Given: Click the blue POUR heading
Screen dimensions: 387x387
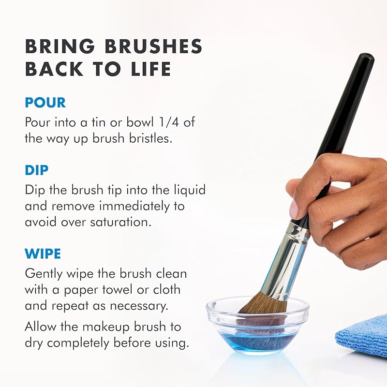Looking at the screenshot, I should pyautogui.click(x=45, y=103).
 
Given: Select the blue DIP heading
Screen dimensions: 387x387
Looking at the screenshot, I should pyautogui.click(x=37, y=170).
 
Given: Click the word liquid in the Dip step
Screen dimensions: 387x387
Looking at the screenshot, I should pyautogui.click(x=191, y=190).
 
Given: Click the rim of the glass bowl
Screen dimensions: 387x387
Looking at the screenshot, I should pyautogui.click(x=257, y=299).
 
